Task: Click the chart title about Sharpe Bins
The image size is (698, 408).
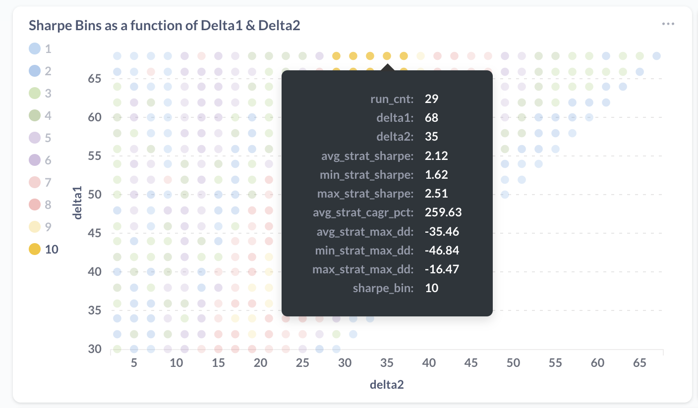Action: pyautogui.click(x=164, y=26)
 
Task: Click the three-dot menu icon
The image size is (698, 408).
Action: pyautogui.click(x=668, y=24)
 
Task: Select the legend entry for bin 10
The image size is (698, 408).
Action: pyautogui.click(x=44, y=249)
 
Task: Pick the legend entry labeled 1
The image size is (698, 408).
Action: pyautogui.click(x=40, y=49)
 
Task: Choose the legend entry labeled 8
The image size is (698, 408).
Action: pyautogui.click(x=40, y=204)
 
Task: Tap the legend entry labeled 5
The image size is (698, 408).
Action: pyautogui.click(x=40, y=138)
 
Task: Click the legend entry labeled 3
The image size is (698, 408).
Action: pyautogui.click(x=40, y=93)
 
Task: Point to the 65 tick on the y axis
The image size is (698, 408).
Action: pyautogui.click(x=95, y=79)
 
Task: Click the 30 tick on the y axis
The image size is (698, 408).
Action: pyautogui.click(x=95, y=349)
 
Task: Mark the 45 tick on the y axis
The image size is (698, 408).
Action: pyautogui.click(x=95, y=233)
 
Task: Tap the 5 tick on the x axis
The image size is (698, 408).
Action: pyautogui.click(x=134, y=363)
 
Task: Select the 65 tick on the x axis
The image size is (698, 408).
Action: pyautogui.click(x=640, y=363)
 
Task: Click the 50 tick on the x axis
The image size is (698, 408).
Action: pyautogui.click(x=513, y=363)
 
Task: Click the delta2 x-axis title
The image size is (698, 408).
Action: pyautogui.click(x=387, y=384)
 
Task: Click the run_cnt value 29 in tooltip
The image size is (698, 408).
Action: pyautogui.click(x=431, y=99)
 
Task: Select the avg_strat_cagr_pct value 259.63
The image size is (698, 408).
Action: pyautogui.click(x=443, y=212)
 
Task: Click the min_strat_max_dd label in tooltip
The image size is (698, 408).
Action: pyautogui.click(x=364, y=251)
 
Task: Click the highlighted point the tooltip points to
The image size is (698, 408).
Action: pyautogui.click(x=387, y=56)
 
